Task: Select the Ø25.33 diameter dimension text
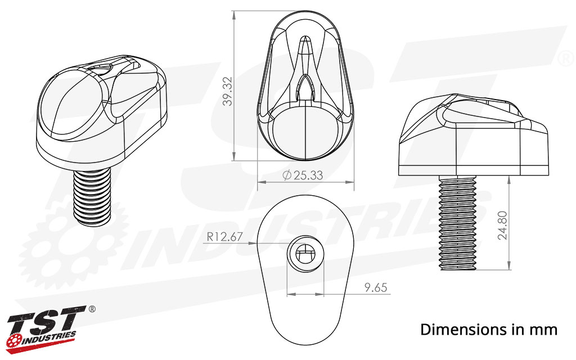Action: (x=303, y=175)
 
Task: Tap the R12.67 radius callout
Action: (x=224, y=237)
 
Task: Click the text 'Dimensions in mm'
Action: (x=489, y=329)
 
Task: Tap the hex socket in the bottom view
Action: (x=305, y=255)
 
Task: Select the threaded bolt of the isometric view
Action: (x=93, y=197)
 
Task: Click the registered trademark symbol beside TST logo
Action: (x=92, y=309)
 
